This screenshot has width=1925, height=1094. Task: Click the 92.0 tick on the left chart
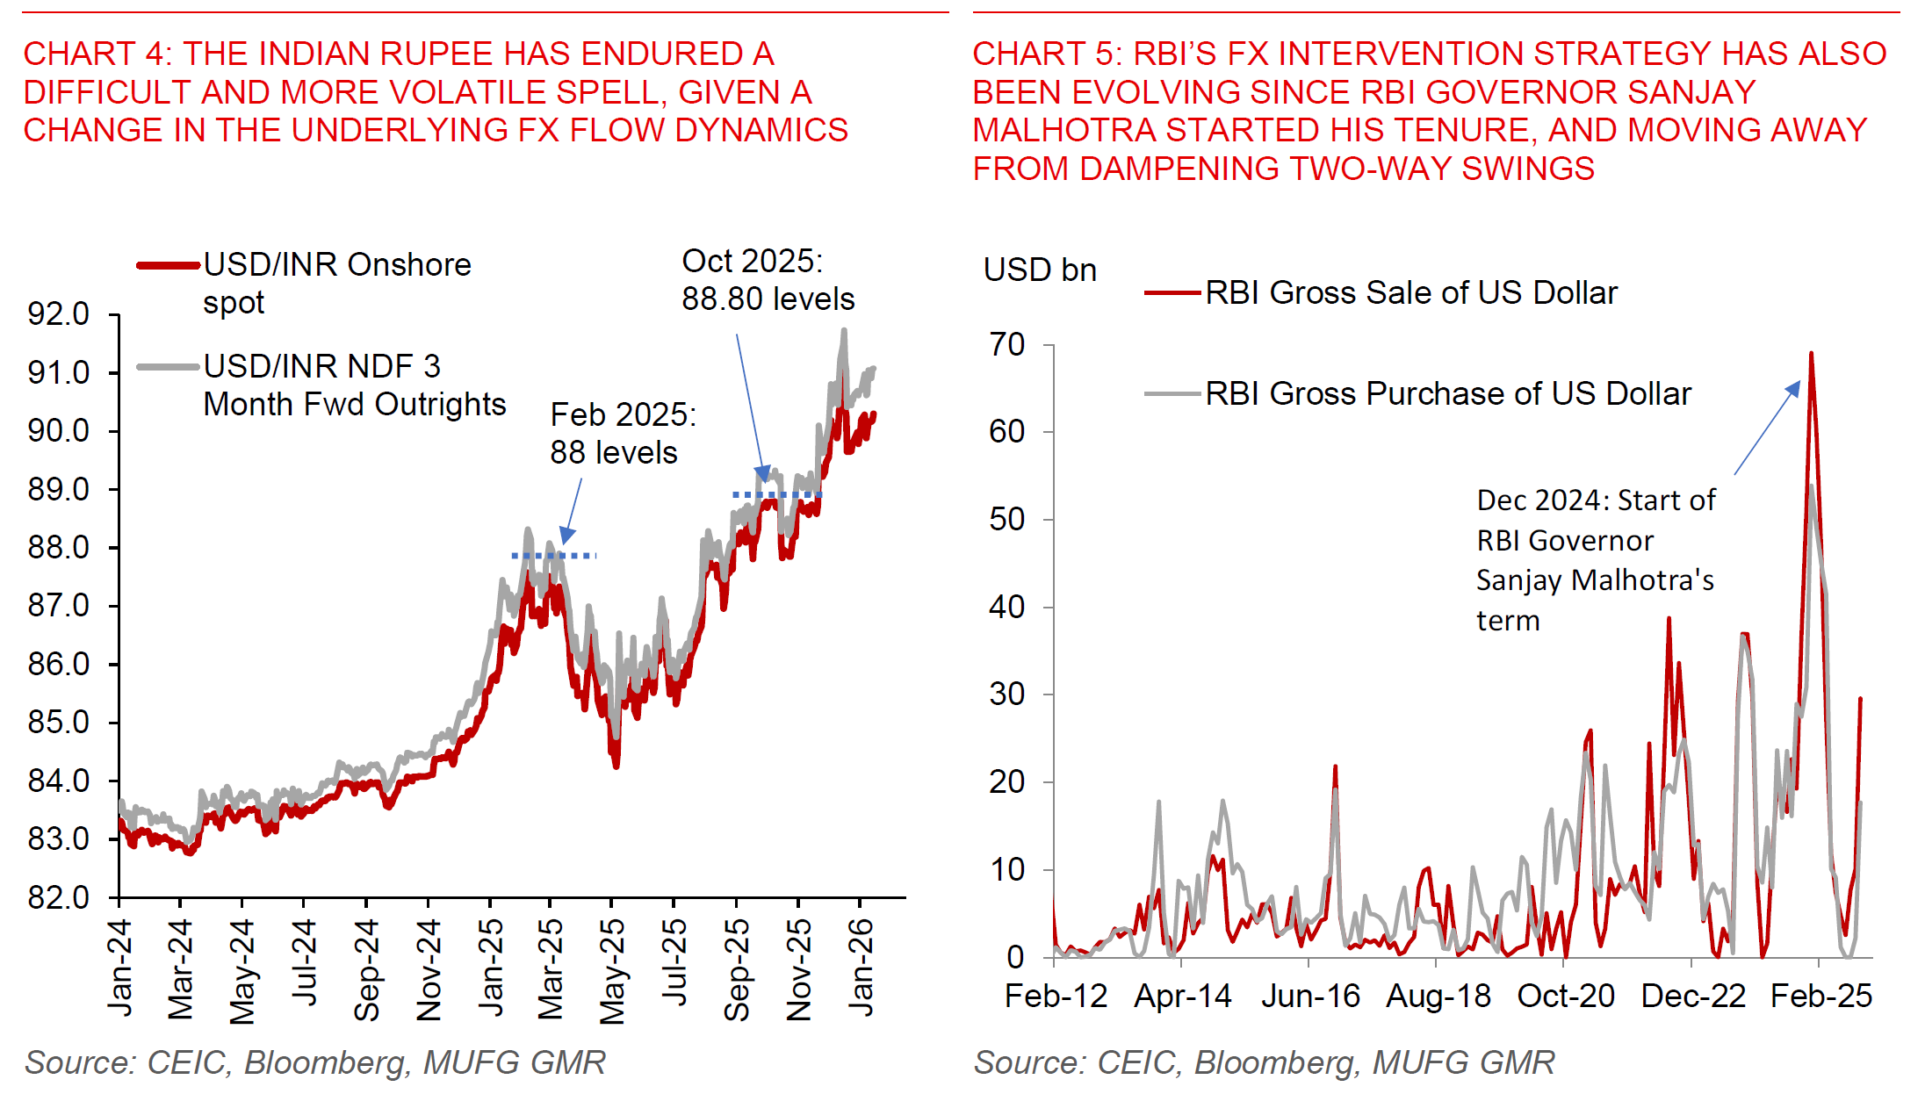pyautogui.click(x=59, y=313)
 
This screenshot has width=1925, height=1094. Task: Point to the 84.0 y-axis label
pyautogui.click(x=59, y=781)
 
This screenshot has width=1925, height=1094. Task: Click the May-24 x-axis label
pyautogui.click(x=242, y=971)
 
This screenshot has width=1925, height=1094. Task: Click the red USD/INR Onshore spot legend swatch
pyautogui.click(x=168, y=265)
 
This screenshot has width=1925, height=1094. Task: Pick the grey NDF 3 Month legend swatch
pyautogui.click(x=168, y=367)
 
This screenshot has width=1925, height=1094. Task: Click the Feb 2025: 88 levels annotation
pyautogui.click(x=622, y=433)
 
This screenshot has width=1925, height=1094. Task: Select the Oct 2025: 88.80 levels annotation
pyautogui.click(x=767, y=279)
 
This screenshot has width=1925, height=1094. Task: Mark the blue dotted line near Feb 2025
pyautogui.click(x=554, y=556)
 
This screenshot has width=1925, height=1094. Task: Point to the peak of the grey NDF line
pyautogui.click(x=844, y=331)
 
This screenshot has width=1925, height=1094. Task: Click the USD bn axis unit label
pyautogui.click(x=1040, y=270)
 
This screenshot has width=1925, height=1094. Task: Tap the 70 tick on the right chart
pyautogui.click(x=1007, y=344)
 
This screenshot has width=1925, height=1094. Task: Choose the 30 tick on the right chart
pyautogui.click(x=1007, y=694)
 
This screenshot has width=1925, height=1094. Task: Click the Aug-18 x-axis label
pyautogui.click(x=1438, y=996)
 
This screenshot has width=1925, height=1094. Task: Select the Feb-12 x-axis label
pyautogui.click(x=1056, y=996)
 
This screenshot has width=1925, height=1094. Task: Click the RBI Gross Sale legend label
pyautogui.click(x=1410, y=292)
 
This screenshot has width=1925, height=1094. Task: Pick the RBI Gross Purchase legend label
pyautogui.click(x=1447, y=393)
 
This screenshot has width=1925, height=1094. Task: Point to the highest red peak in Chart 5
pyautogui.click(x=1811, y=354)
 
